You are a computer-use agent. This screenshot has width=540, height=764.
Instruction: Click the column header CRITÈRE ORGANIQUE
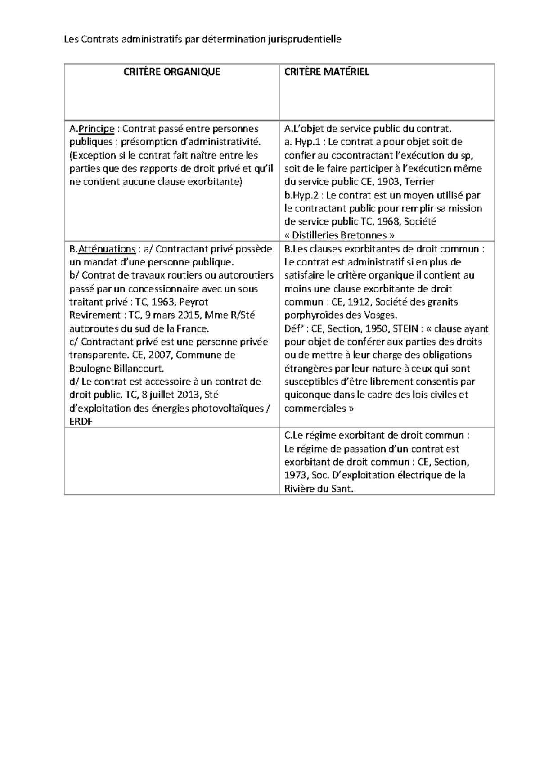point(172,72)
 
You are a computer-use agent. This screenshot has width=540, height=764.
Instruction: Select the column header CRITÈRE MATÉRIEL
point(327,72)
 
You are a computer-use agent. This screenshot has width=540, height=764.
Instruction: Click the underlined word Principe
point(96,129)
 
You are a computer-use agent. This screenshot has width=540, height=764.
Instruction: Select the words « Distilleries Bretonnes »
point(341,235)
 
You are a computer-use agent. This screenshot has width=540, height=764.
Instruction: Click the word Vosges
point(380,315)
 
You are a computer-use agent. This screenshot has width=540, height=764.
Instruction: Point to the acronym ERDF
point(81,422)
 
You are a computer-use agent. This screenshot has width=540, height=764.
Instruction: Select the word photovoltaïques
point(227,409)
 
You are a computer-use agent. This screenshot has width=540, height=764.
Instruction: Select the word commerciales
point(315,409)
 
